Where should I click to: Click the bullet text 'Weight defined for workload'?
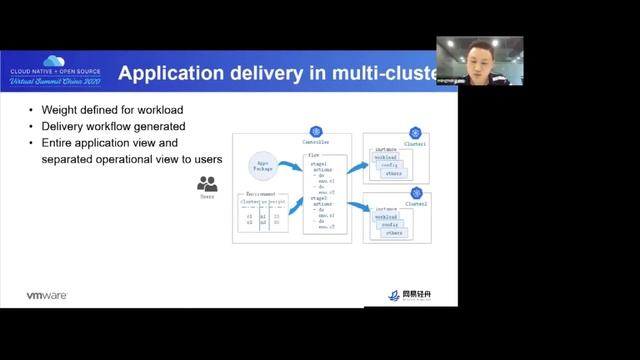point(106,110)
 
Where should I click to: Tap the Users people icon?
point(207,184)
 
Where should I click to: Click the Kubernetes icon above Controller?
point(316,132)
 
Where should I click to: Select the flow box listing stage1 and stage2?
point(324,193)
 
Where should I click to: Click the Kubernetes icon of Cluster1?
point(415,132)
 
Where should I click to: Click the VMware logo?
point(47,295)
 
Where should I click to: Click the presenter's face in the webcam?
point(478,55)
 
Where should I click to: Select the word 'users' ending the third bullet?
point(203,160)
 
